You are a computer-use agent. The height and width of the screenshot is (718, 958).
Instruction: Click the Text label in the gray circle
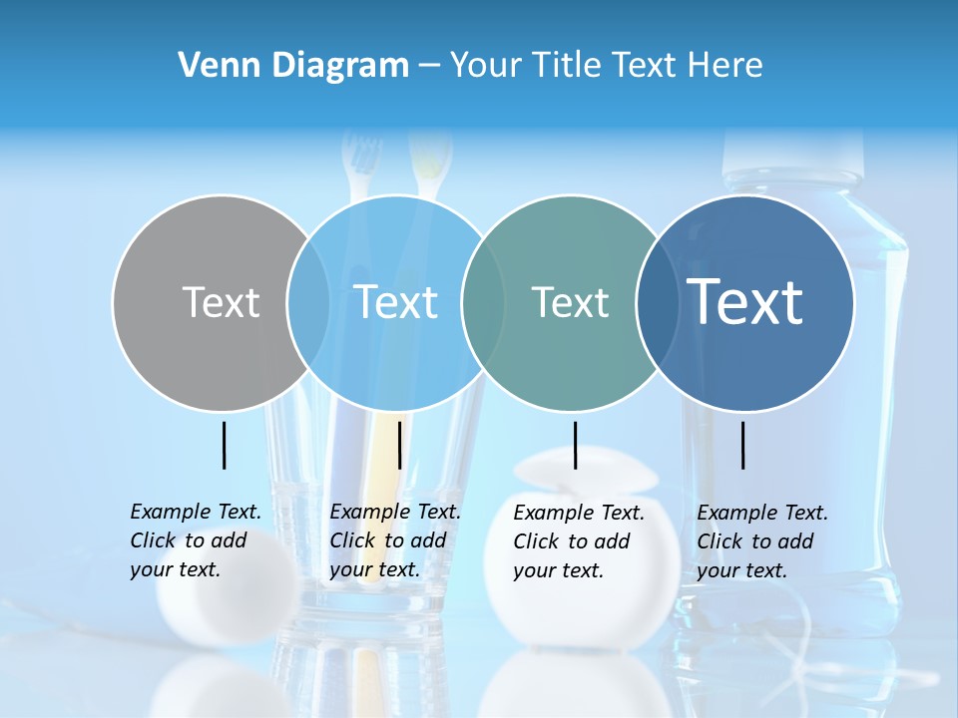(221, 302)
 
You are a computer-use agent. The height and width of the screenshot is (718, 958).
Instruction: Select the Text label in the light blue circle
(396, 302)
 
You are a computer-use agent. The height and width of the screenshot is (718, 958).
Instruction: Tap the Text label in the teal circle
(570, 302)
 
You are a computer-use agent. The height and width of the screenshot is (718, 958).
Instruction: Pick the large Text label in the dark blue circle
(745, 302)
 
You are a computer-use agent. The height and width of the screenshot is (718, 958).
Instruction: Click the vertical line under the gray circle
(224, 445)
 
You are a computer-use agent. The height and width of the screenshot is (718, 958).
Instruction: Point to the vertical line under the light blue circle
(399, 445)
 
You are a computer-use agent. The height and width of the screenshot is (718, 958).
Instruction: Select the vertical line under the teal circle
(576, 445)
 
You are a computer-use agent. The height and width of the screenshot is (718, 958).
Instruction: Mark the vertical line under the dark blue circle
(743, 445)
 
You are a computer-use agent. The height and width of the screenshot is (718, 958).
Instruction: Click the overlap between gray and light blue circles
(308, 302)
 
